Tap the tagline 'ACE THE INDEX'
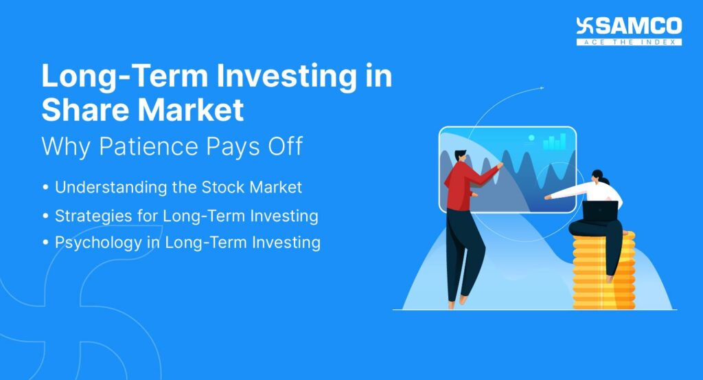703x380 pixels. pos(629,42)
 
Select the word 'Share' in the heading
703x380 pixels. pos(87,110)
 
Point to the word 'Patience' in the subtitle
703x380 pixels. pos(154,146)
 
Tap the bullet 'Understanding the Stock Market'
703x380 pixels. pos(178,187)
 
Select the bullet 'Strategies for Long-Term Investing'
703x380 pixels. pos(186,216)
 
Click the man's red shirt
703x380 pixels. pos(461,184)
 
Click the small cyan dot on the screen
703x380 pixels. pos(531,138)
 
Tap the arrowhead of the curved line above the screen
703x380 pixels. pos(542,88)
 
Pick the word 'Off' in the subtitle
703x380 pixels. pos(283,146)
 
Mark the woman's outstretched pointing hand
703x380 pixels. pos(549,197)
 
